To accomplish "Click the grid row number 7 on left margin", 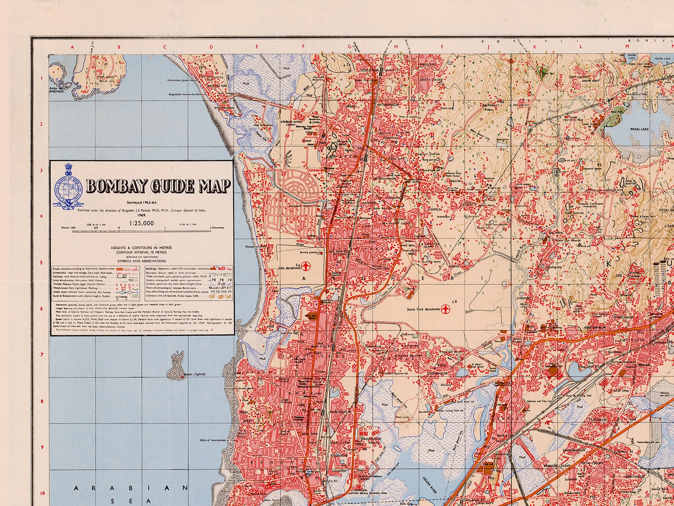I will pos(41,355).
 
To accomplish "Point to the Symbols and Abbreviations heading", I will pos(141,261).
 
